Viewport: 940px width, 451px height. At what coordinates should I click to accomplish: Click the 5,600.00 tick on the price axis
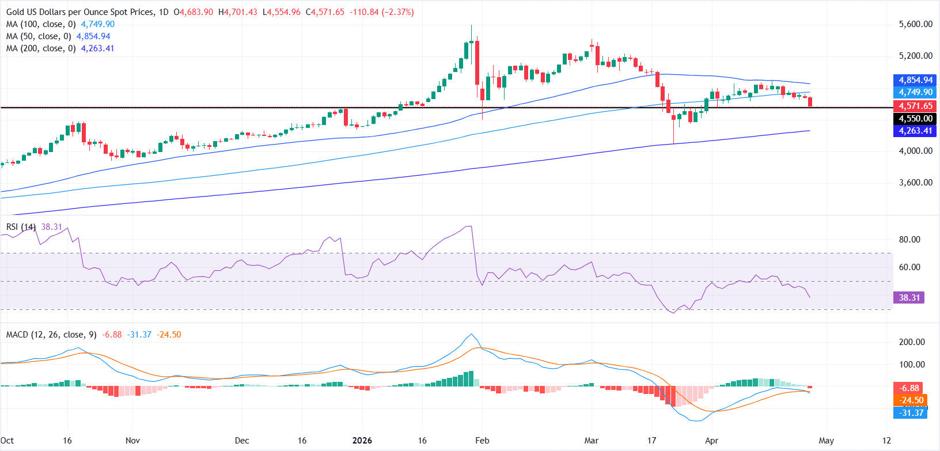915,24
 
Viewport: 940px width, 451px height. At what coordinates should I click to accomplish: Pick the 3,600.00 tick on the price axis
915,183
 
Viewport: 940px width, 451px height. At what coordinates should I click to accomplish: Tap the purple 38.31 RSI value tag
909,298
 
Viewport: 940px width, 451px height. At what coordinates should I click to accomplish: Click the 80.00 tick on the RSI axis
909,240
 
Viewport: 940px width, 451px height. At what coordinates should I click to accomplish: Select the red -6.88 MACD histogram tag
909,388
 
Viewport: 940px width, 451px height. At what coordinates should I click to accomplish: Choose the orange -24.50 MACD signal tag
911,400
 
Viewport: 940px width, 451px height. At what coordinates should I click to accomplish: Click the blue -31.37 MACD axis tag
911,412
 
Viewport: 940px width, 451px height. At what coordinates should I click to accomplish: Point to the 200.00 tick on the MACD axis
912,342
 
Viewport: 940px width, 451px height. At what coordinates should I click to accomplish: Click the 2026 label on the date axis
362,441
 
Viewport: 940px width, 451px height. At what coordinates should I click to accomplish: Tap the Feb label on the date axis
482,441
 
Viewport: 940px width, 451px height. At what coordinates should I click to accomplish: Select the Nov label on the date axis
132,441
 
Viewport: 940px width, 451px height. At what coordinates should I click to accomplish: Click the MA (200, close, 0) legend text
41,48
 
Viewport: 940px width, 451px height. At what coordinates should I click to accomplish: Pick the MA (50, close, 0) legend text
39,36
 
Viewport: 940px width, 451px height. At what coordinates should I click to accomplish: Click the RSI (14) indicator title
21,227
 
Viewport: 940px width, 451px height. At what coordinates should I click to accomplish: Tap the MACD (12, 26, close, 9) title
51,335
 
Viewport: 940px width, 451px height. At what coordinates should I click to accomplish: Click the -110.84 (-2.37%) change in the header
381,12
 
